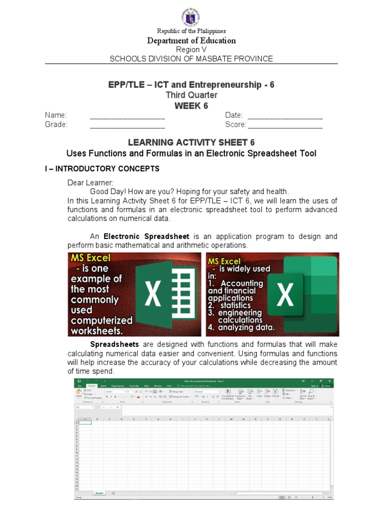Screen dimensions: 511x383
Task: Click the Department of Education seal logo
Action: [x=191, y=13]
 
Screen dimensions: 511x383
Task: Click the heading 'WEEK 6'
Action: [x=191, y=105]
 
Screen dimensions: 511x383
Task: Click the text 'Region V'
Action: [x=191, y=49]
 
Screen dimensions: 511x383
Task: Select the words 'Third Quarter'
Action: [x=191, y=95]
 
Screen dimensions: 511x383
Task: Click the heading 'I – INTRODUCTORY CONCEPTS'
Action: [x=102, y=169]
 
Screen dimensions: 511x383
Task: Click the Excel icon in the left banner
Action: [x=168, y=294]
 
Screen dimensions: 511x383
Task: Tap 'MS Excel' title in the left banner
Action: [x=90, y=258]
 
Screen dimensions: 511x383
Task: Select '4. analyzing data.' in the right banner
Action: [x=241, y=328]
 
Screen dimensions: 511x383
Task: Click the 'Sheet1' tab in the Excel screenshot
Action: [x=99, y=493]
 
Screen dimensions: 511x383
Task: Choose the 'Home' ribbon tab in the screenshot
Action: [x=92, y=386]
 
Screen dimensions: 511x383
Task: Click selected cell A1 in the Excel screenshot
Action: [x=85, y=423]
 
